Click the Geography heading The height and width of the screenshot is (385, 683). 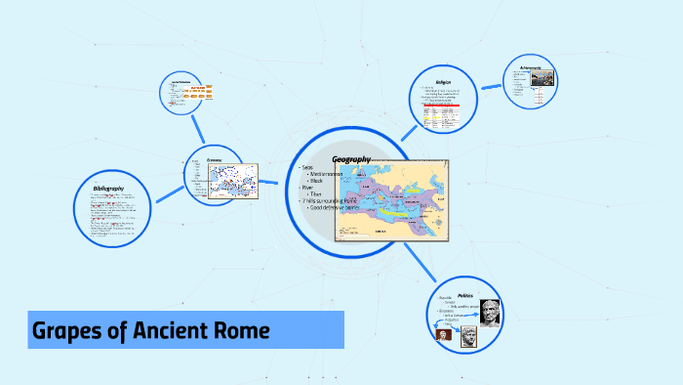pos(351,159)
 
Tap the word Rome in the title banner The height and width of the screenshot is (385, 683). pos(240,331)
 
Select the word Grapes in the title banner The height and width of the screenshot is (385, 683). pos(69,331)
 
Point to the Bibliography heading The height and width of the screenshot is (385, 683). pos(109,187)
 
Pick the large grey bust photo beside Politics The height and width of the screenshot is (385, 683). pos(489,313)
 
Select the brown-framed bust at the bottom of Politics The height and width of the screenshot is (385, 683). pos(467,338)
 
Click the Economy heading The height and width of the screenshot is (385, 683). pos(216,160)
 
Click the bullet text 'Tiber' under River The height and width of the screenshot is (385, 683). pos(315,194)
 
